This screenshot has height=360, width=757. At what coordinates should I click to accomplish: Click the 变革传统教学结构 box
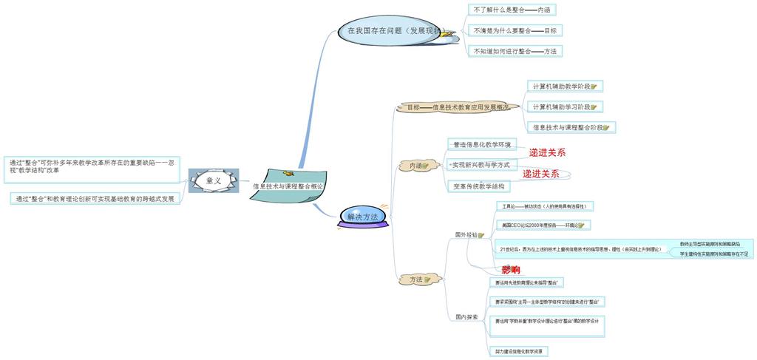(479, 186)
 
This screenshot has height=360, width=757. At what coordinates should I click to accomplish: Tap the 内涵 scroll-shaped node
(415, 166)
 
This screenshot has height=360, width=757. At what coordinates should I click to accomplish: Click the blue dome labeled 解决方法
(362, 217)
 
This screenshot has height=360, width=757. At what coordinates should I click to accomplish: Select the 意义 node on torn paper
(213, 180)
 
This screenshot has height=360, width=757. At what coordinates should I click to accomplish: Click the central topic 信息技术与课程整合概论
(288, 187)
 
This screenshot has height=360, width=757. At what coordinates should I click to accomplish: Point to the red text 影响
(511, 270)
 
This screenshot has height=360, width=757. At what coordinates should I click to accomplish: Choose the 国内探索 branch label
(466, 316)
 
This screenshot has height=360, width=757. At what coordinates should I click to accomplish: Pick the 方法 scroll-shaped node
(415, 279)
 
